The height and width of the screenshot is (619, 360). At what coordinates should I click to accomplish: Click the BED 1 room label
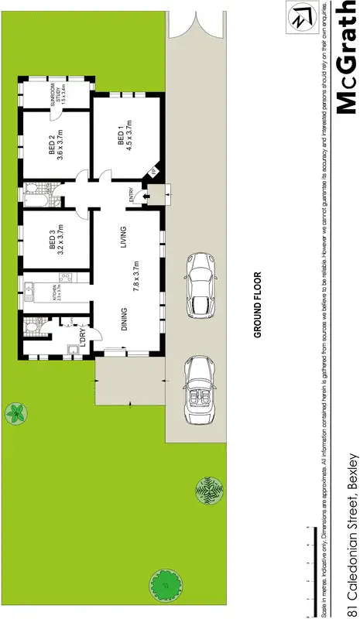(x=121, y=137)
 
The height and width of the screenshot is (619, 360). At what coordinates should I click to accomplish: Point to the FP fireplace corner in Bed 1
(x=153, y=172)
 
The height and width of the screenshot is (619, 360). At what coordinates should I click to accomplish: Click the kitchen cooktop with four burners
(x=65, y=280)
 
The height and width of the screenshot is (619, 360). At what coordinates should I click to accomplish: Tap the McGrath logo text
(x=341, y=58)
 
